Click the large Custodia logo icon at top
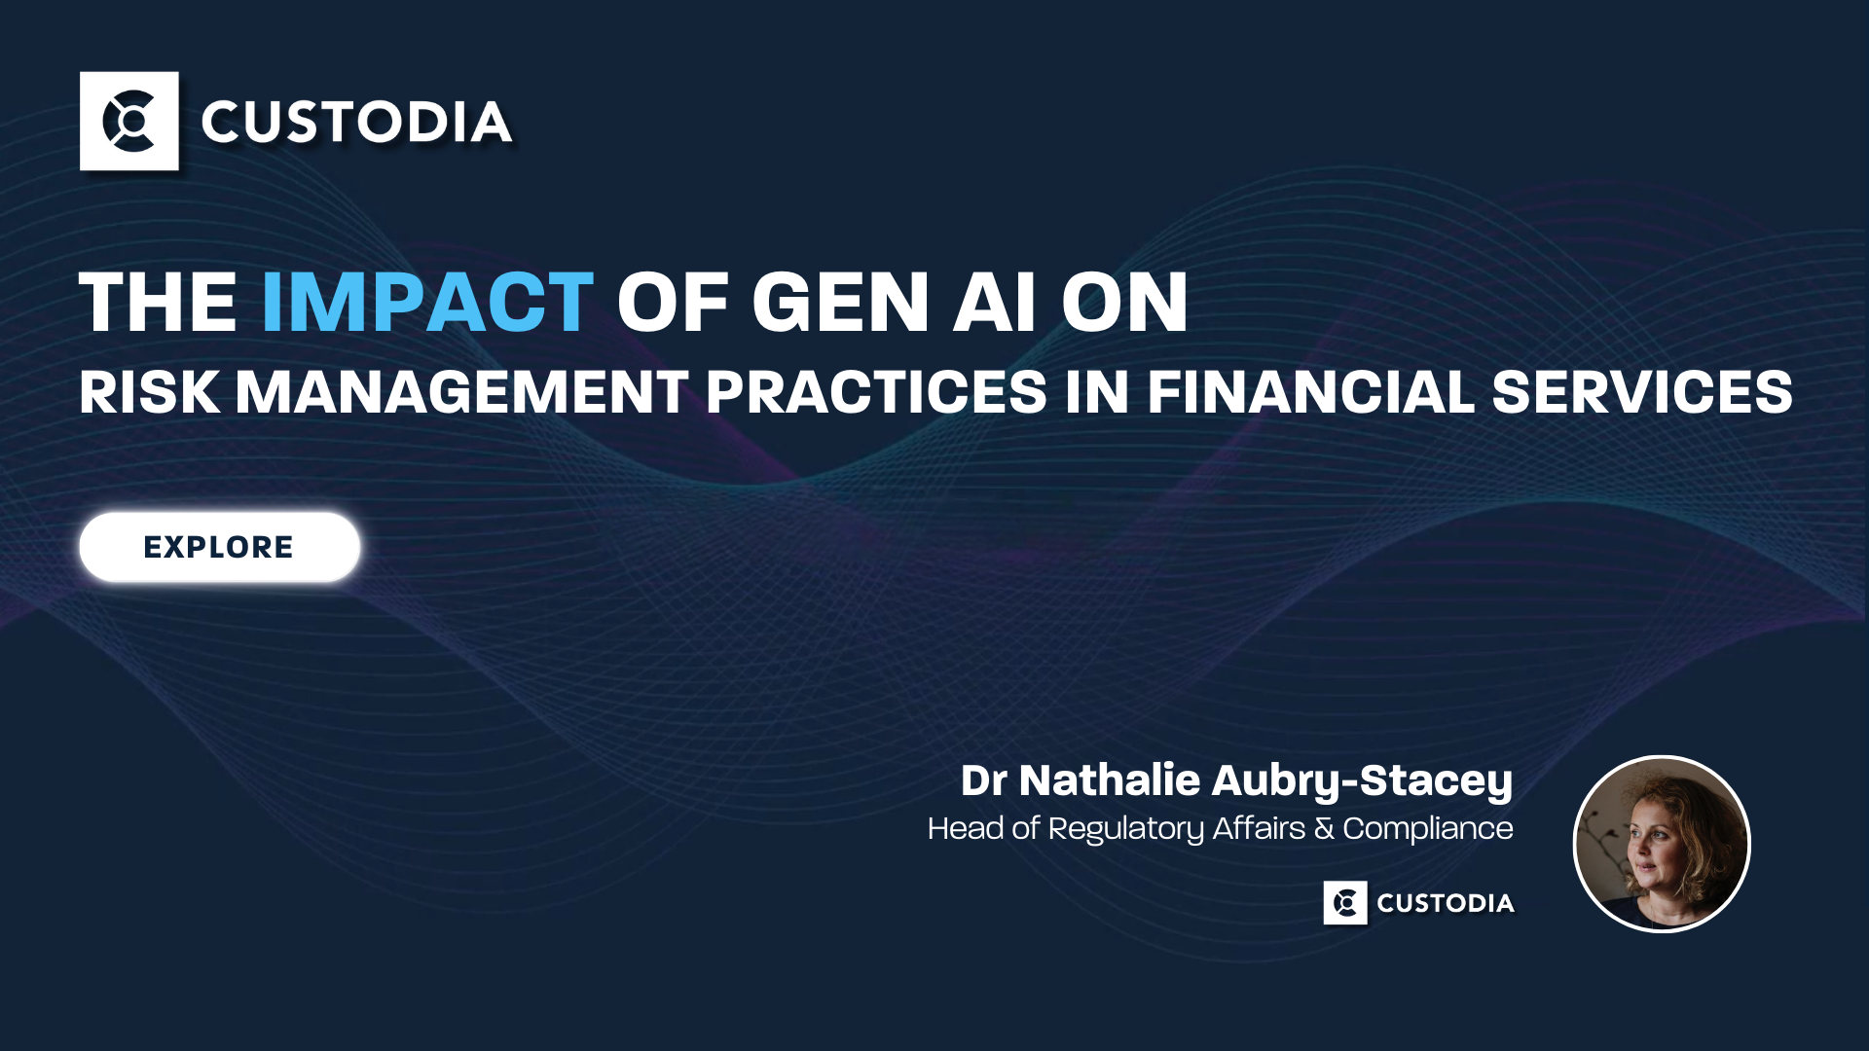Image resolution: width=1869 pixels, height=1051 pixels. pos(129,122)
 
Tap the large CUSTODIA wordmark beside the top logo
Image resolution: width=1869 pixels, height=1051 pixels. pos(356,123)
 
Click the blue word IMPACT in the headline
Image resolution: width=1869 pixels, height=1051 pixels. pos(427,302)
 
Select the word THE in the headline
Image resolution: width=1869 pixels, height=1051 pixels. pos(158,302)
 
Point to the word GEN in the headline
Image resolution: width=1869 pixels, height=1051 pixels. pos(840,302)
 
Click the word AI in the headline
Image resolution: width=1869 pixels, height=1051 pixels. pos(994,302)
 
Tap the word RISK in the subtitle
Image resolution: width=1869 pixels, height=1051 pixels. pos(150,392)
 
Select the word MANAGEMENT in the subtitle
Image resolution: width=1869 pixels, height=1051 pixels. pos(462,392)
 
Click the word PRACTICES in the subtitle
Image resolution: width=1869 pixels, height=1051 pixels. pos(876,392)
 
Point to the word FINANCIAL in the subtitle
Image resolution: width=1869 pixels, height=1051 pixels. pos(1310,392)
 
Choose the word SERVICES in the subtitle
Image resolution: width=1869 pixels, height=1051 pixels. pos(1642,392)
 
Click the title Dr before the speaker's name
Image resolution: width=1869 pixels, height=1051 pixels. pos(983,780)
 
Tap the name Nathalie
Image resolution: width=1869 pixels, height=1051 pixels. pos(1110,780)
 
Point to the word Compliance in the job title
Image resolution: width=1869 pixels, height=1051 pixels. pos(1428,829)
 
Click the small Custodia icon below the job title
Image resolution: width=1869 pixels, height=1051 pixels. pos(1345,903)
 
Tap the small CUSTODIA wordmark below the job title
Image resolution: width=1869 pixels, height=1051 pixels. pos(1446,903)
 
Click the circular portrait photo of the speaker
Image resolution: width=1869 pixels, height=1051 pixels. pos(1662,844)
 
